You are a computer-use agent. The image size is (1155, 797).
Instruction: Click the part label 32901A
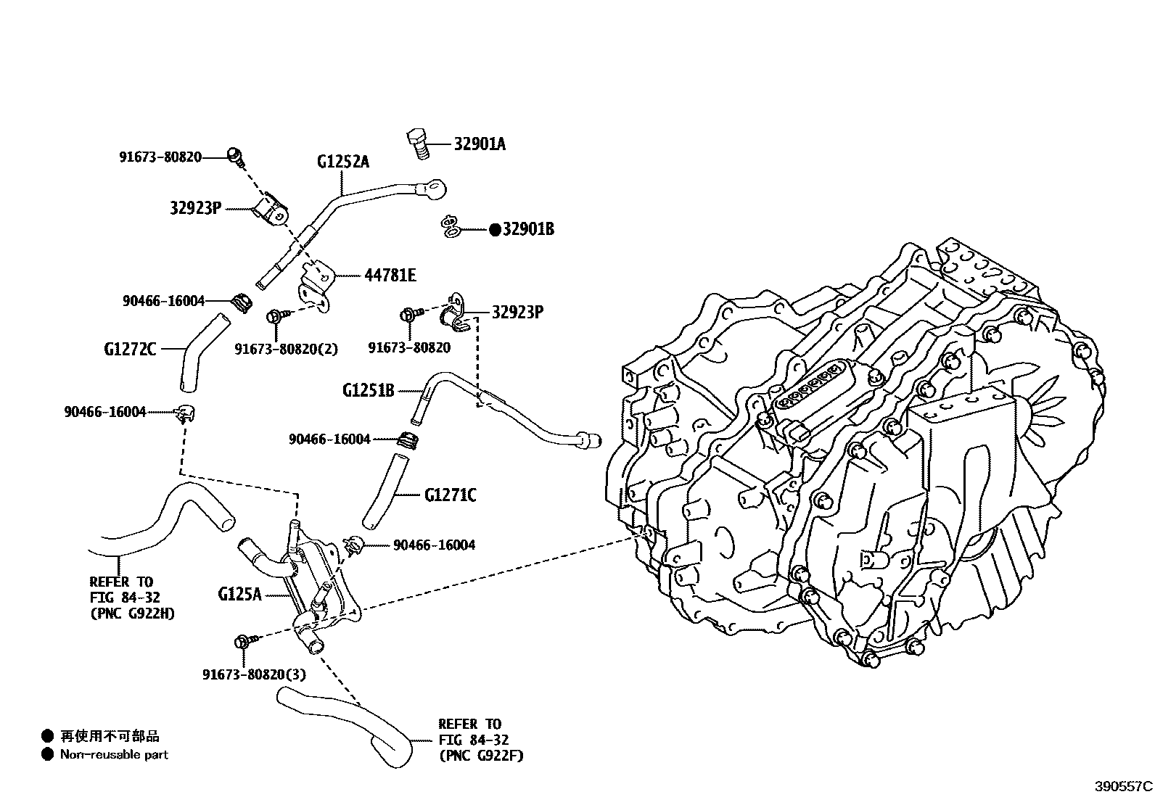480,144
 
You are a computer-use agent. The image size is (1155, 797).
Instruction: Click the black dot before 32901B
495,229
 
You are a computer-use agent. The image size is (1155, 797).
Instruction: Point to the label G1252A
342,162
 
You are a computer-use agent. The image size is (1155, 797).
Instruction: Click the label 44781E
390,276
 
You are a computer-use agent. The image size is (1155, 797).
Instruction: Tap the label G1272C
129,350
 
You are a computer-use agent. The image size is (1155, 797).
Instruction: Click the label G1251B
368,391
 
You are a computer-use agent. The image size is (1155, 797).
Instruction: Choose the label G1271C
450,495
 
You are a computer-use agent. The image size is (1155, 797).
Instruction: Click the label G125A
239,595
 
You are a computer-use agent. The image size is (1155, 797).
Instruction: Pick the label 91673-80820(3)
254,674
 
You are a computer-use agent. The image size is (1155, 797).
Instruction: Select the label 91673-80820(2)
286,348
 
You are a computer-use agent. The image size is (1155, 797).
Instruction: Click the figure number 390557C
1123,786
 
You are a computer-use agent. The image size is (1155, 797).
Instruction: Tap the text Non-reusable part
114,755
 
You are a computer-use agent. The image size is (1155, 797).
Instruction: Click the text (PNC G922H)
132,614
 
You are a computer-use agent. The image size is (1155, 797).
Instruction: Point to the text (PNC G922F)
480,756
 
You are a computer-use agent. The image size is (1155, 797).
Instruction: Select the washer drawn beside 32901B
451,227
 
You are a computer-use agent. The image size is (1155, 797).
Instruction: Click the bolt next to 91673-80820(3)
243,642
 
